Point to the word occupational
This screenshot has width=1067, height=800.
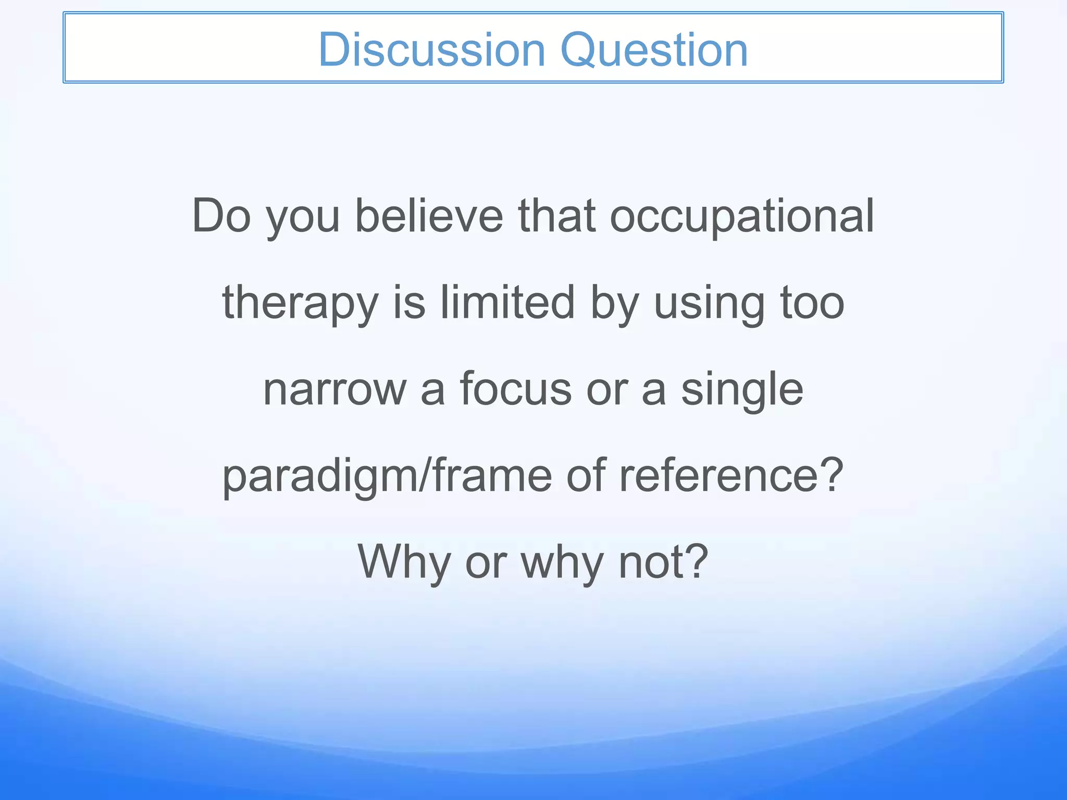[742, 217]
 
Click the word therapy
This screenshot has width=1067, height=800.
[300, 304]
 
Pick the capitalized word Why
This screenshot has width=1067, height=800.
[404, 562]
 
